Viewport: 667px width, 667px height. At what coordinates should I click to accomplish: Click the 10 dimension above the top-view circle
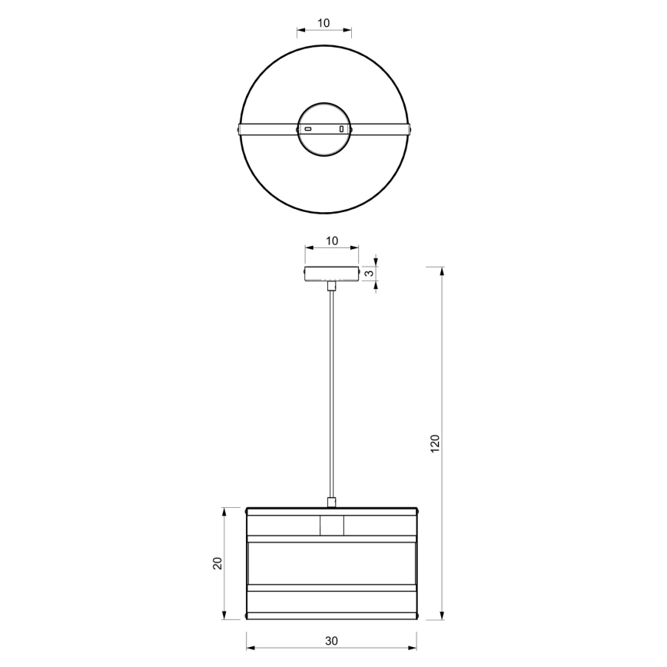[x=324, y=23]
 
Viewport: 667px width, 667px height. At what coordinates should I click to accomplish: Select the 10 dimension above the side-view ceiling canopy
[x=332, y=241]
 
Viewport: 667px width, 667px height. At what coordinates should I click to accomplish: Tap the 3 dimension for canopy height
[x=369, y=273]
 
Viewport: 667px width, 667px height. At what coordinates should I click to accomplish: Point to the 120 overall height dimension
[x=434, y=443]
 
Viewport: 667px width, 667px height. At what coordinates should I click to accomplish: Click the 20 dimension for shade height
[x=217, y=562]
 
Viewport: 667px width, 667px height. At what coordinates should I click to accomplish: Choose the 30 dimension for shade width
[x=331, y=640]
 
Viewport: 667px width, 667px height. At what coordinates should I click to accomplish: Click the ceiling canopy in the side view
[x=332, y=274]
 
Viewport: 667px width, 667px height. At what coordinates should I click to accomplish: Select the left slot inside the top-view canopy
[x=307, y=129]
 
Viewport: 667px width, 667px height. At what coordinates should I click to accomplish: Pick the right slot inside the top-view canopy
[x=341, y=129]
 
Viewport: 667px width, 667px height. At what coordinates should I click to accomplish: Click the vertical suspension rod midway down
[x=331, y=392]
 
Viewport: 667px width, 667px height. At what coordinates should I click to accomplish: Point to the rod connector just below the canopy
[x=331, y=286]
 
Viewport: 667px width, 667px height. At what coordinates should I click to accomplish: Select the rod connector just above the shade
[x=331, y=503]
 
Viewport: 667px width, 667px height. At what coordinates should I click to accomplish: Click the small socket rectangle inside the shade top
[x=331, y=526]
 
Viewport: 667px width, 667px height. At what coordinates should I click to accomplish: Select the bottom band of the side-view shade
[x=331, y=604]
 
